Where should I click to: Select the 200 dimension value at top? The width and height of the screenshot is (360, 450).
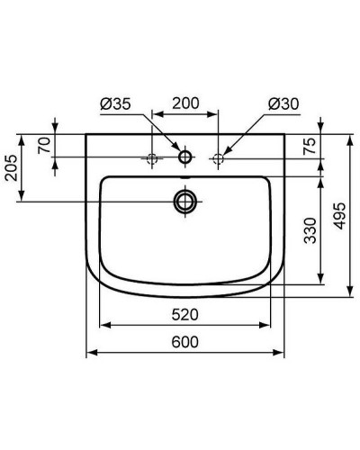coord(184,103)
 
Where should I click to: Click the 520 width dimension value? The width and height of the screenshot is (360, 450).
coord(185,314)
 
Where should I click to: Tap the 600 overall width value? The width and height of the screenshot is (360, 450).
coord(185,343)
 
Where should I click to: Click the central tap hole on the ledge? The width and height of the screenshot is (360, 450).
coord(185,158)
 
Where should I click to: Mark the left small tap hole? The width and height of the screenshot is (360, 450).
coord(152,158)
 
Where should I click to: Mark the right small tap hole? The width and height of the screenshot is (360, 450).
coord(218,158)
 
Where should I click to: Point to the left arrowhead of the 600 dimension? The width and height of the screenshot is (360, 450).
coord(90,353)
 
